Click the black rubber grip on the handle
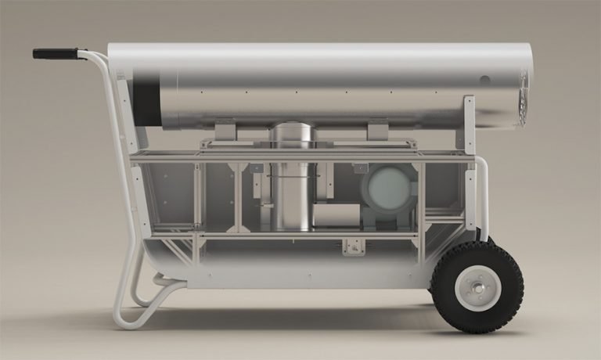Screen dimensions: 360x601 click(55, 53)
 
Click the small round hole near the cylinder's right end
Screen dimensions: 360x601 click(484, 80)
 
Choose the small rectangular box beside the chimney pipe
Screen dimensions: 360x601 click(336, 215)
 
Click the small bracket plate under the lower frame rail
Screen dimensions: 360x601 click(354, 246)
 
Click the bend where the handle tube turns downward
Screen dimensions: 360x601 click(103, 59)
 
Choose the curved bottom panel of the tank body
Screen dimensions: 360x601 click(297, 270)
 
